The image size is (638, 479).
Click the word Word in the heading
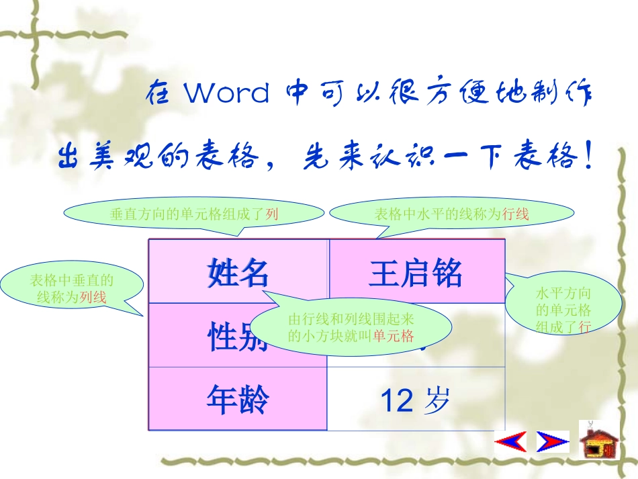pyautogui.click(x=227, y=93)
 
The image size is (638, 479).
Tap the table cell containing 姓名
pyautogui.click(x=238, y=273)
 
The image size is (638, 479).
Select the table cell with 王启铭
pyautogui.click(x=416, y=273)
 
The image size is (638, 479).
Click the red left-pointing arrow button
pyautogui.click(x=510, y=441)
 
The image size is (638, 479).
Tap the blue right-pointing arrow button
pyautogui.click(x=553, y=441)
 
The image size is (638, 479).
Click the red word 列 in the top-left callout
pyautogui.click(x=272, y=214)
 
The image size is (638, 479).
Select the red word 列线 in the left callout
pyautogui.click(x=93, y=297)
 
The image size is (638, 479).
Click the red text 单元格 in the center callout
pyautogui.click(x=394, y=336)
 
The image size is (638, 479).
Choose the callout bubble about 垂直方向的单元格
pyautogui.click(x=195, y=214)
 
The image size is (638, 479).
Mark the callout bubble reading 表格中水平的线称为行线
pyautogui.click(x=451, y=214)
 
